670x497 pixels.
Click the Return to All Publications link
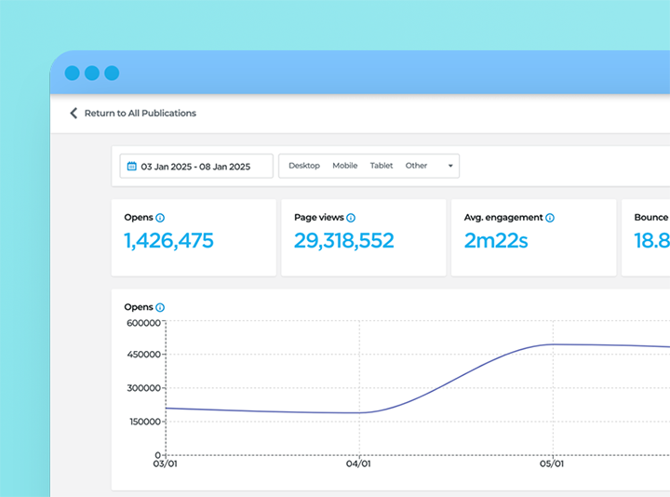coord(140,114)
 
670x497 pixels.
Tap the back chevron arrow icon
coord(74,114)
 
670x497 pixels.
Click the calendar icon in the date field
coord(131,167)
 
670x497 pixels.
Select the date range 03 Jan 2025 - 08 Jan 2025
coord(195,167)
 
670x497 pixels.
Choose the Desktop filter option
coord(303,166)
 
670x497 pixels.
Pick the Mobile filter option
coord(344,166)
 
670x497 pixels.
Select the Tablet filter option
coord(382,166)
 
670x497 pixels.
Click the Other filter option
coord(416,166)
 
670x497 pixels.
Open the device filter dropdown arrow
coord(450,167)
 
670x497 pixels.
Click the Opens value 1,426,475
coord(168,241)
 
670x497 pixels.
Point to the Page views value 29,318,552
coord(343,241)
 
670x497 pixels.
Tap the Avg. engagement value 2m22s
coord(496,241)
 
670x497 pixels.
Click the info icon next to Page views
coord(351,218)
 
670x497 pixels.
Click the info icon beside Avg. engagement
coord(550,218)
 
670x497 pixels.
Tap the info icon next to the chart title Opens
coord(160,307)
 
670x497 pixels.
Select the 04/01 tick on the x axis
coord(358,463)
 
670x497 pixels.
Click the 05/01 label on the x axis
coord(552,463)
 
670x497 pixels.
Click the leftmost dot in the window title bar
coord(72,73)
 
